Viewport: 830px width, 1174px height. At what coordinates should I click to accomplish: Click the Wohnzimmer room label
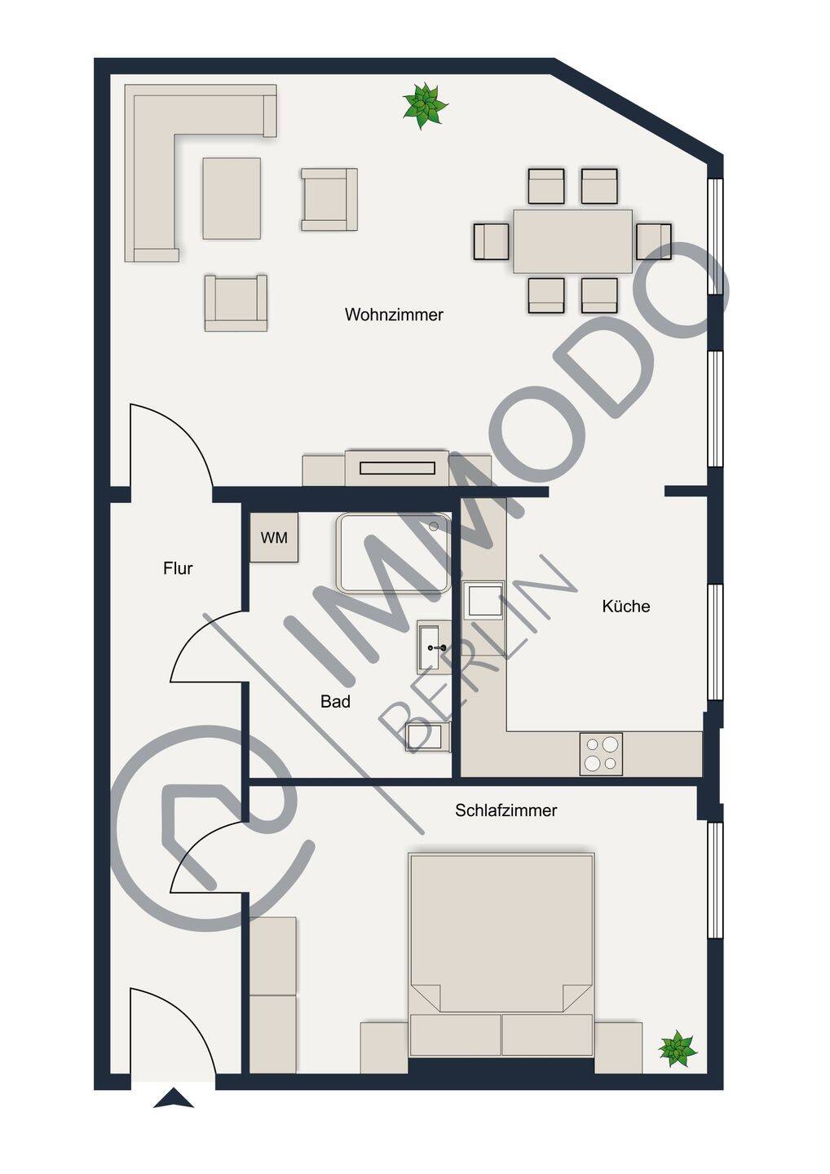pos(394,315)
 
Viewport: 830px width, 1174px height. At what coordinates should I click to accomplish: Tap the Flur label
pos(178,568)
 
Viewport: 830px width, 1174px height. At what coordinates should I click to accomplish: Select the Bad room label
pos(335,702)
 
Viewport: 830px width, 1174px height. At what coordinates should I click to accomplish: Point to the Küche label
pos(626,607)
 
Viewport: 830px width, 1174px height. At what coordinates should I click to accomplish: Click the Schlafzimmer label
pos(506,810)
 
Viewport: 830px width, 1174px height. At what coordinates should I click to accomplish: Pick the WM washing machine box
pos(274,538)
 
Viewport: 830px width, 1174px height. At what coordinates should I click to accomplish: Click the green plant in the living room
pos(425,105)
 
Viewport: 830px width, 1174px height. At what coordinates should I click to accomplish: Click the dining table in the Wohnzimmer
pos(572,241)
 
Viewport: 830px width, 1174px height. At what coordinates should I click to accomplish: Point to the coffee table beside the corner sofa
pos(232,199)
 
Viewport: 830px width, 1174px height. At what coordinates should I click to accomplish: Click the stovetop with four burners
pos(601,754)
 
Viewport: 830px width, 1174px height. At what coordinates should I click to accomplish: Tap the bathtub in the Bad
pos(394,554)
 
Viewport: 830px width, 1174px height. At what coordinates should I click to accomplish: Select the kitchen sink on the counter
pos(484,601)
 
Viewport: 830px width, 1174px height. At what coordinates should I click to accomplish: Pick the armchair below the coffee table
pos(236,303)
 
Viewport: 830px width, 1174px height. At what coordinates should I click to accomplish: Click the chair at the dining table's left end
pos(492,241)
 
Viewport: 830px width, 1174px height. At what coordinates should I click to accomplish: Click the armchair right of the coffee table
pos(329,199)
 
